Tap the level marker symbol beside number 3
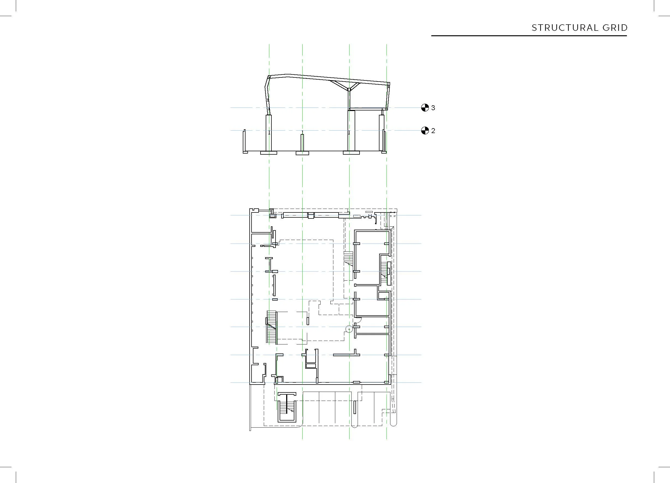(x=425, y=108)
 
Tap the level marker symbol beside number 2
(x=425, y=131)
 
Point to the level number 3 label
(x=433, y=108)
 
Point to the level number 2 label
(x=433, y=131)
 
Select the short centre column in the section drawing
(x=302, y=143)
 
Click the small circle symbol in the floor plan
(x=349, y=329)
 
